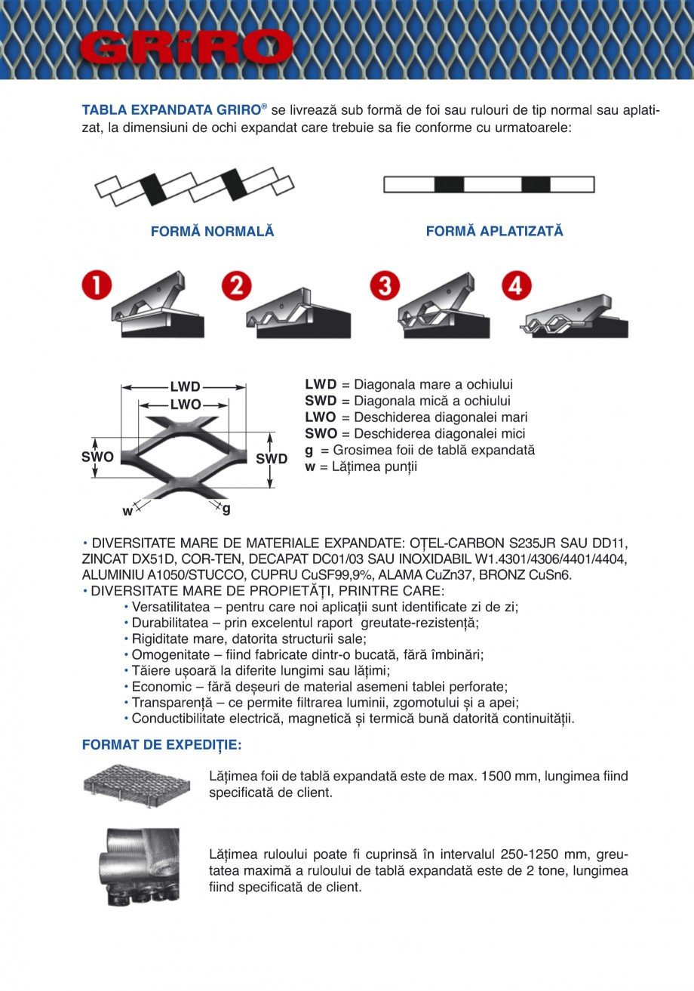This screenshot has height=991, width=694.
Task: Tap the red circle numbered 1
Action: (x=96, y=286)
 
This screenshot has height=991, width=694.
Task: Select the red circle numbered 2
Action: (x=237, y=286)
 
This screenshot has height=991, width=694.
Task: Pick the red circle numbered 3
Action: (x=385, y=286)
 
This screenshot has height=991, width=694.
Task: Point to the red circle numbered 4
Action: (x=517, y=286)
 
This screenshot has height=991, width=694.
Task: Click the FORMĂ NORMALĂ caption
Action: (x=213, y=232)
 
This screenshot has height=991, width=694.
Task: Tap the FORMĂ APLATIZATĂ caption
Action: (x=494, y=231)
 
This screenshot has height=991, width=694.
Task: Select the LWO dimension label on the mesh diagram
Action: (x=185, y=405)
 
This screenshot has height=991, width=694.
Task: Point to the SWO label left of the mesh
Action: (x=97, y=457)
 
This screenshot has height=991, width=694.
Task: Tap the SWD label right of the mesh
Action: (x=272, y=459)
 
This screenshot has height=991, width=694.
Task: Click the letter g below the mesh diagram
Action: (x=226, y=509)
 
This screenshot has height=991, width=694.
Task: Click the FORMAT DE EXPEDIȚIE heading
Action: (x=161, y=745)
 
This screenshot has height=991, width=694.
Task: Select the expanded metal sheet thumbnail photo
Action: (x=137, y=786)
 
